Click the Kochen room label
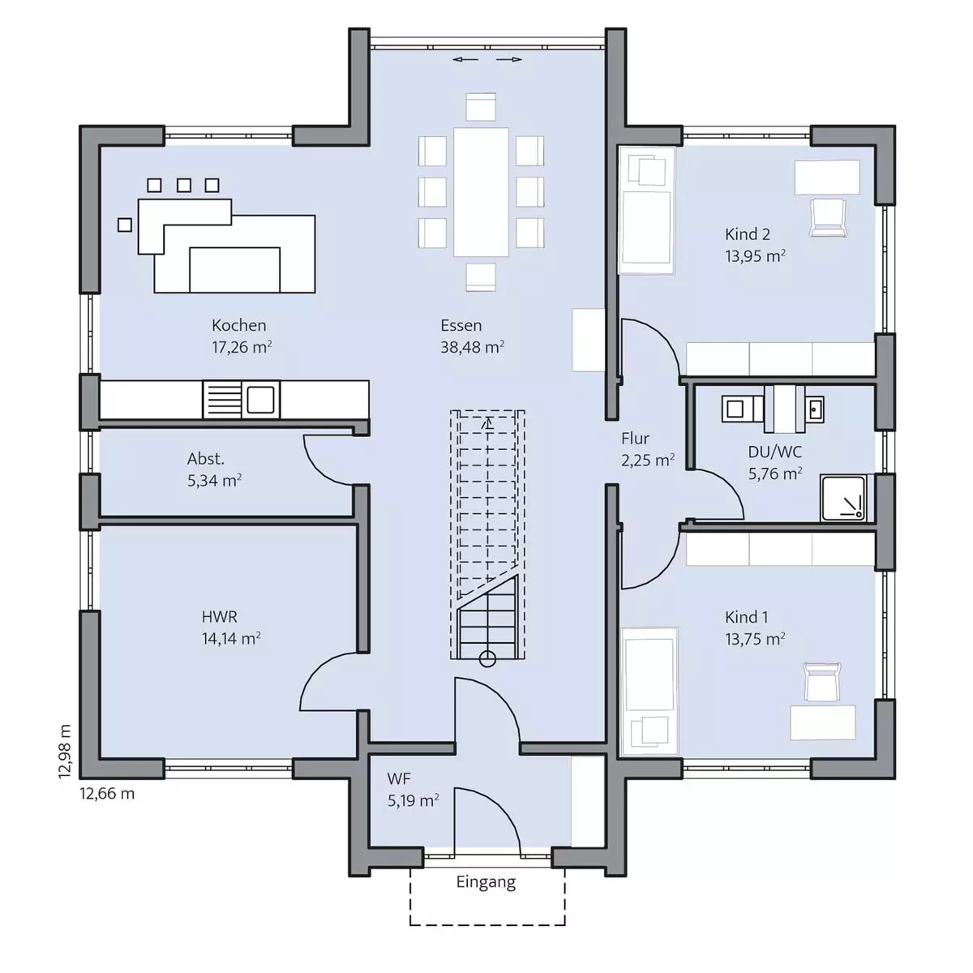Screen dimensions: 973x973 239,325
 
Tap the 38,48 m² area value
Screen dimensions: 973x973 472,347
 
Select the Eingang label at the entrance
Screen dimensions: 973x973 486,881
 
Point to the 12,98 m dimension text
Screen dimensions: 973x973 65,752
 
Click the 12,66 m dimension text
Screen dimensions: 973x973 107,794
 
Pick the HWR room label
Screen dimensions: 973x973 219,616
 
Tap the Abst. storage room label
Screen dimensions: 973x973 205,458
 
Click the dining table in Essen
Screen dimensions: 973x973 481,192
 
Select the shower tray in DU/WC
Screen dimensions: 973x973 842,498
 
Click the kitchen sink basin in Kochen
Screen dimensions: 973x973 260,400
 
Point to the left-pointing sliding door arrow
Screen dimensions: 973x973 465,59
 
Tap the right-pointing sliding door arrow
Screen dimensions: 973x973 509,59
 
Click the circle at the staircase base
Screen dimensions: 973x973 487,659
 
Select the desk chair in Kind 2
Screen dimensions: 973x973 828,217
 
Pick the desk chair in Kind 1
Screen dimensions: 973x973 822,682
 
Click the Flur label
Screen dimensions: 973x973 635,439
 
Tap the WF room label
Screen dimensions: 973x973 398,779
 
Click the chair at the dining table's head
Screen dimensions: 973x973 481,106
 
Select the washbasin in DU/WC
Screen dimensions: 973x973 814,409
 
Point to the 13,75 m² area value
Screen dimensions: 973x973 755,639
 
